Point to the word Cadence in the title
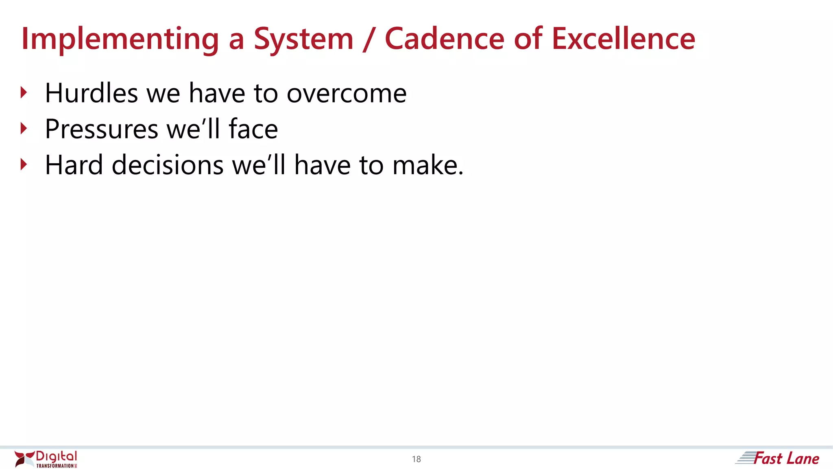pyautogui.click(x=445, y=39)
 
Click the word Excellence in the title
pyautogui.click(x=623, y=39)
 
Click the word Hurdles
pyautogui.click(x=92, y=93)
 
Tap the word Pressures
pyautogui.click(x=101, y=129)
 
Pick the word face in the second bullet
pyautogui.click(x=253, y=129)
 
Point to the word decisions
pyautogui.click(x=168, y=165)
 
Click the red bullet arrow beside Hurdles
pyautogui.click(x=24, y=93)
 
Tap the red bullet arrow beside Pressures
pyautogui.click(x=24, y=129)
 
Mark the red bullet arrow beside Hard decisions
pyautogui.click(x=24, y=165)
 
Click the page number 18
pyautogui.click(x=416, y=459)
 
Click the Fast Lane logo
pyautogui.click(x=778, y=458)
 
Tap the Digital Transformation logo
pyautogui.click(x=46, y=459)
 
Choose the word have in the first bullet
pyautogui.click(x=217, y=93)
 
